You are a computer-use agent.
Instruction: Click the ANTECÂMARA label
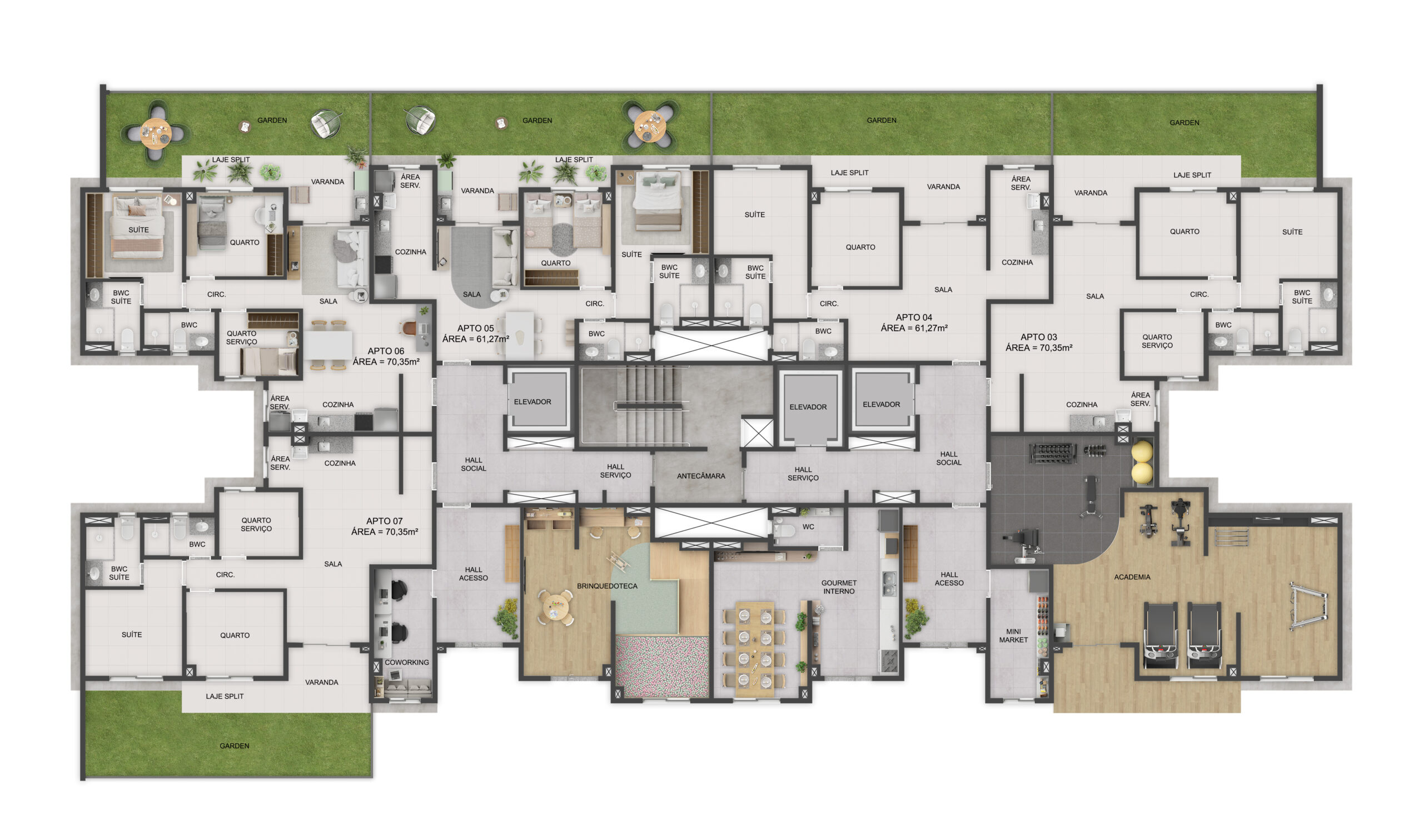[x=701, y=476]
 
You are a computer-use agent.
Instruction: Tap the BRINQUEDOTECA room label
[x=607, y=586]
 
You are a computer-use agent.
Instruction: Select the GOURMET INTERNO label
[x=839, y=587]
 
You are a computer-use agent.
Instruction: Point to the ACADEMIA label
[x=1132, y=577]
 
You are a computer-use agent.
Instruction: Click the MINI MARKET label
[x=1013, y=636]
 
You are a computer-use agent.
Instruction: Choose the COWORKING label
[x=406, y=662]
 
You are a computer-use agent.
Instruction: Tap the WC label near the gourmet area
[x=808, y=527]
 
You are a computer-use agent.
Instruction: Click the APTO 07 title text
[x=384, y=521]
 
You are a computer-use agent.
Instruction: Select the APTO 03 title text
[x=1038, y=337]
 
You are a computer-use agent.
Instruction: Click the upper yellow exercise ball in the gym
[x=1141, y=452]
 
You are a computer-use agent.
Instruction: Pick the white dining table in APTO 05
[x=520, y=335]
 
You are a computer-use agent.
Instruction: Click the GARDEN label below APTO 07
[x=234, y=746]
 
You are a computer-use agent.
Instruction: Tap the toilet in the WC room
[x=783, y=530]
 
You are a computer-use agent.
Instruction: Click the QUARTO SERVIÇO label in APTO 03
[x=1157, y=341]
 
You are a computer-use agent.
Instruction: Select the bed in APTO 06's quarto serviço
[x=269, y=361]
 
